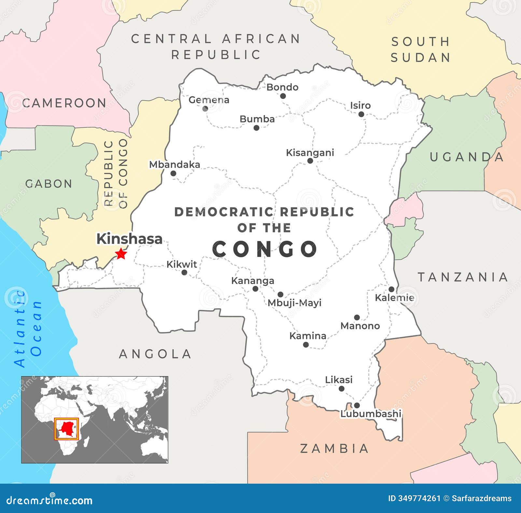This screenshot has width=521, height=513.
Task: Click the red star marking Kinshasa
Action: click(121, 253)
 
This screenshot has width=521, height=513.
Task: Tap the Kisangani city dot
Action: click(310, 161)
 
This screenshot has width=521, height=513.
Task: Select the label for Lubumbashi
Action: click(371, 414)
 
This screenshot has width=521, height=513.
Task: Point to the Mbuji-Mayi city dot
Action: click(280, 294)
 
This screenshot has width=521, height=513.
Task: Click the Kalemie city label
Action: click(394, 297)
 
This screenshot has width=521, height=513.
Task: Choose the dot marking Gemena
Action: click(205, 109)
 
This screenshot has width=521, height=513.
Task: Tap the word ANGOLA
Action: click(155, 354)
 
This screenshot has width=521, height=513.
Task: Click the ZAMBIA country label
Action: click(334, 448)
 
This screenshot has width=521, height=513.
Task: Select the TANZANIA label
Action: click(463, 277)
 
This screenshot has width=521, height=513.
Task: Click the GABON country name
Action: click(49, 184)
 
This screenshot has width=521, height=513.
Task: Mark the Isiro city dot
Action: click(361, 114)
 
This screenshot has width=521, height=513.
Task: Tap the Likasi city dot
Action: click(341, 388)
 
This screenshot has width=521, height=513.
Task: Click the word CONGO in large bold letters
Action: click(265, 249)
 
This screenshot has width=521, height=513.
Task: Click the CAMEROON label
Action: click(64, 103)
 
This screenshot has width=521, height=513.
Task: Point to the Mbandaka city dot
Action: click(173, 174)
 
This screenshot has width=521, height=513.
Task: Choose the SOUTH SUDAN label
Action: click(420, 50)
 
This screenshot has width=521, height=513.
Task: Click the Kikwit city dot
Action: click(184, 273)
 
